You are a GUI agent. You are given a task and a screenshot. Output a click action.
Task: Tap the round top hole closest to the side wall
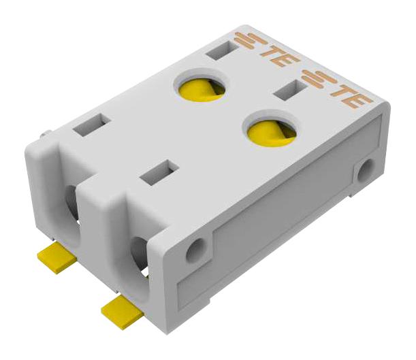(x=271, y=129)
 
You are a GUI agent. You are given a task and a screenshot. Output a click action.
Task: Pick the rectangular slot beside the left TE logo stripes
(x=220, y=50)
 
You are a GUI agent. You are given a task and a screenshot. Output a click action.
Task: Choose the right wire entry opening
(x=138, y=255)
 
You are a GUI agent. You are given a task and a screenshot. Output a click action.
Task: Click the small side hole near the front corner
(x=196, y=250)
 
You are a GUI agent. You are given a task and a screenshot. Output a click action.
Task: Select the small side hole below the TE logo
(x=366, y=170)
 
